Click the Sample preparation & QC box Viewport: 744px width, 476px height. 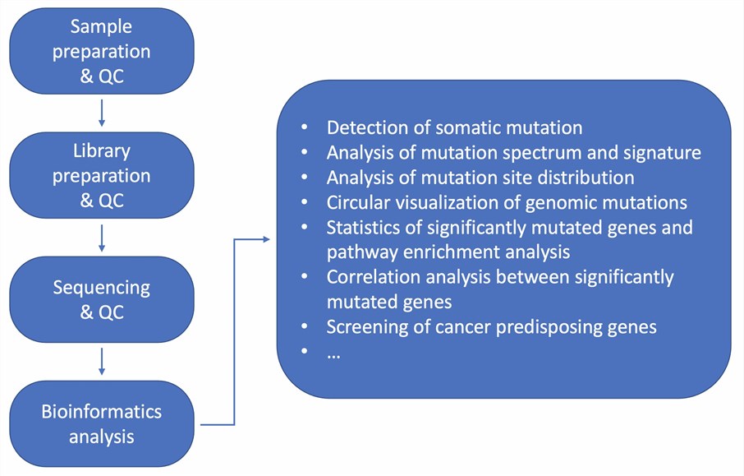point(101,51)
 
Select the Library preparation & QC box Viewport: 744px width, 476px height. point(101,176)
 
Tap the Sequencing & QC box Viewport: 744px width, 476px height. point(101,300)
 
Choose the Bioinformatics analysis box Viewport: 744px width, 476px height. point(101,424)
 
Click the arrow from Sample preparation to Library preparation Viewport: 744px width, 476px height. point(101,112)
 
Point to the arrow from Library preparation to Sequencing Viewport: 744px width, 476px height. point(101,237)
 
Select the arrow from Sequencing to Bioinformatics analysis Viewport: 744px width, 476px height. point(101,361)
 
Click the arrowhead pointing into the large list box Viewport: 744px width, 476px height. point(264,239)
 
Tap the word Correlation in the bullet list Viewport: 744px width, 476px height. point(371,277)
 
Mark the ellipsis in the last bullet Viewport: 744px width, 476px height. point(333,354)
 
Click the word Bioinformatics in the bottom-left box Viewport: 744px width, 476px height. point(101,412)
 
